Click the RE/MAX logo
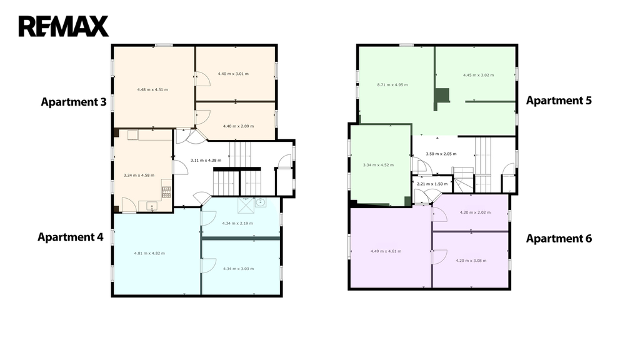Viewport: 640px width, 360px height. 64,26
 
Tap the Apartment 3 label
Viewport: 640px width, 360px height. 74,102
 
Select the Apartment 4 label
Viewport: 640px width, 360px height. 71,237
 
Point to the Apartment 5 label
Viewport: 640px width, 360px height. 559,101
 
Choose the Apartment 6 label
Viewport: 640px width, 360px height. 559,238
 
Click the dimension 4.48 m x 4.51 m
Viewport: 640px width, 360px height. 152,89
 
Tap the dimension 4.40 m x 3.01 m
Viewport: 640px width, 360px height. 233,74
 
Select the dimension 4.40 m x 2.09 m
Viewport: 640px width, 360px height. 238,126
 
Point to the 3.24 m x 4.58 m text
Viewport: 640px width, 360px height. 139,176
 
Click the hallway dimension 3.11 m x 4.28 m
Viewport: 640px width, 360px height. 206,161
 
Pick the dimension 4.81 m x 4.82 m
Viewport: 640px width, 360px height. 149,254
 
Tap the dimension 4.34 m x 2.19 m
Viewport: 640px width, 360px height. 237,223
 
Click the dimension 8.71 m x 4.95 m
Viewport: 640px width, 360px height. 392,85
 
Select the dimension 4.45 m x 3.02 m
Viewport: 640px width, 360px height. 478,75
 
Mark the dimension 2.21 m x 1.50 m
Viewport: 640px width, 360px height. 432,184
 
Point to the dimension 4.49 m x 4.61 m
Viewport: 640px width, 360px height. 386,251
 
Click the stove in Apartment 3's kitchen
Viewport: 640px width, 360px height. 166,192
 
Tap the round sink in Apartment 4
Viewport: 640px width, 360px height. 260,202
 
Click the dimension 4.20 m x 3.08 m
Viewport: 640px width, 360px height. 471,261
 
